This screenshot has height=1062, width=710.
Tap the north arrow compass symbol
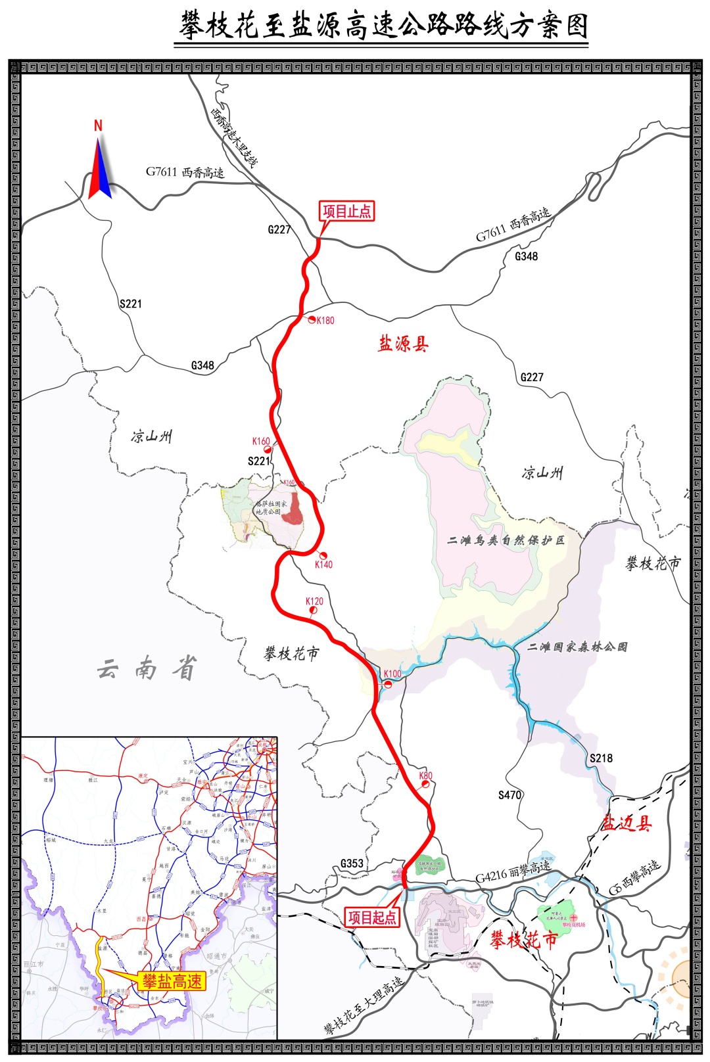pos(99,161)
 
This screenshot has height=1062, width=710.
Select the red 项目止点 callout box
pos(346,212)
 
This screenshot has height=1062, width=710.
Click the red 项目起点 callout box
pos(372,917)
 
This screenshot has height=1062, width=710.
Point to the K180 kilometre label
pos(325,321)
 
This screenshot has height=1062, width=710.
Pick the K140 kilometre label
pos(323,565)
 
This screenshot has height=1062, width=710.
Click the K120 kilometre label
pos(314,601)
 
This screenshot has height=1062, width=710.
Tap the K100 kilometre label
pos(392,674)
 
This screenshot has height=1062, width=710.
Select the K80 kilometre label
pos(426,775)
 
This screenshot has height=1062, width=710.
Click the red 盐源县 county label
pos(403,344)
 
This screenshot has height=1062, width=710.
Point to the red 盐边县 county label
pos(627,823)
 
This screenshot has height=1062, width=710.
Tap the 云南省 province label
pos(147,669)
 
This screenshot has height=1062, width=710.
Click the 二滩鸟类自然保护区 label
pos(506,540)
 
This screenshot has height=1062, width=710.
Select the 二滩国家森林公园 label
pos(577,647)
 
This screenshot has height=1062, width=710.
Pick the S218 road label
pos(601,758)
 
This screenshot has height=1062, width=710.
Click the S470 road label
pos(509,795)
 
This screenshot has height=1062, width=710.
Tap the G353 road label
pos(352,864)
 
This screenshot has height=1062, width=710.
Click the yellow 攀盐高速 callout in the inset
pos(172,982)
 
